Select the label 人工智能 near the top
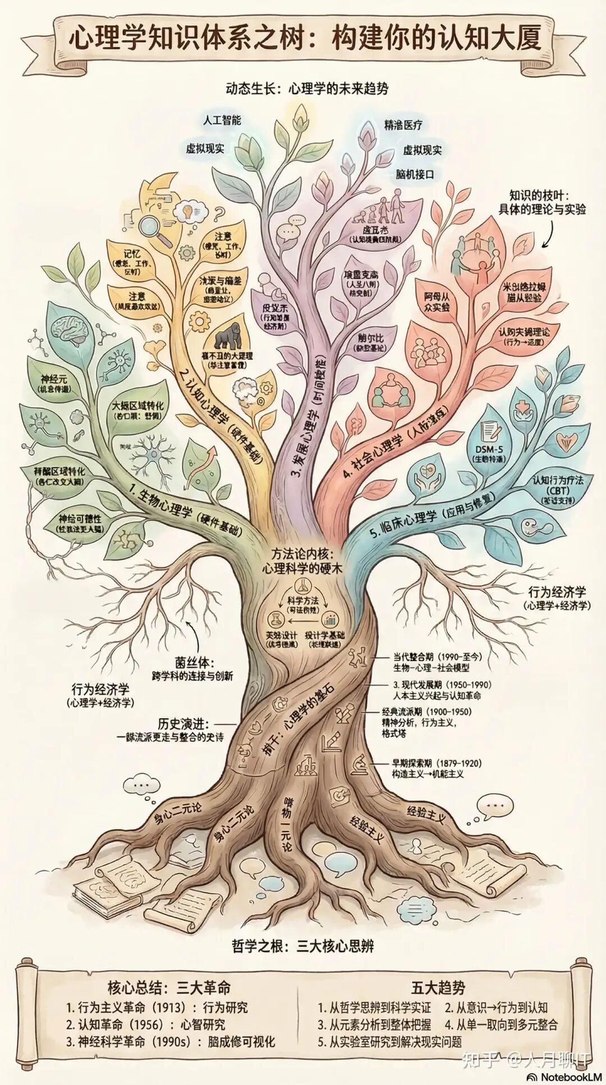[222, 120]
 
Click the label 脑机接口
[415, 174]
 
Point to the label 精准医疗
[403, 125]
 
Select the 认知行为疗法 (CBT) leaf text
[558, 489]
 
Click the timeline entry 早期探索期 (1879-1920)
[437, 763]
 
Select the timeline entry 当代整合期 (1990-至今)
[437, 656]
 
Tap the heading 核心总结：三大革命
[169, 987]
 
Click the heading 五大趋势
[438, 987]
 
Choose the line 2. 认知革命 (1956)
[145, 1024]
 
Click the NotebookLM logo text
[566, 1077]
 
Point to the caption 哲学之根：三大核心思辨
[302, 947]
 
